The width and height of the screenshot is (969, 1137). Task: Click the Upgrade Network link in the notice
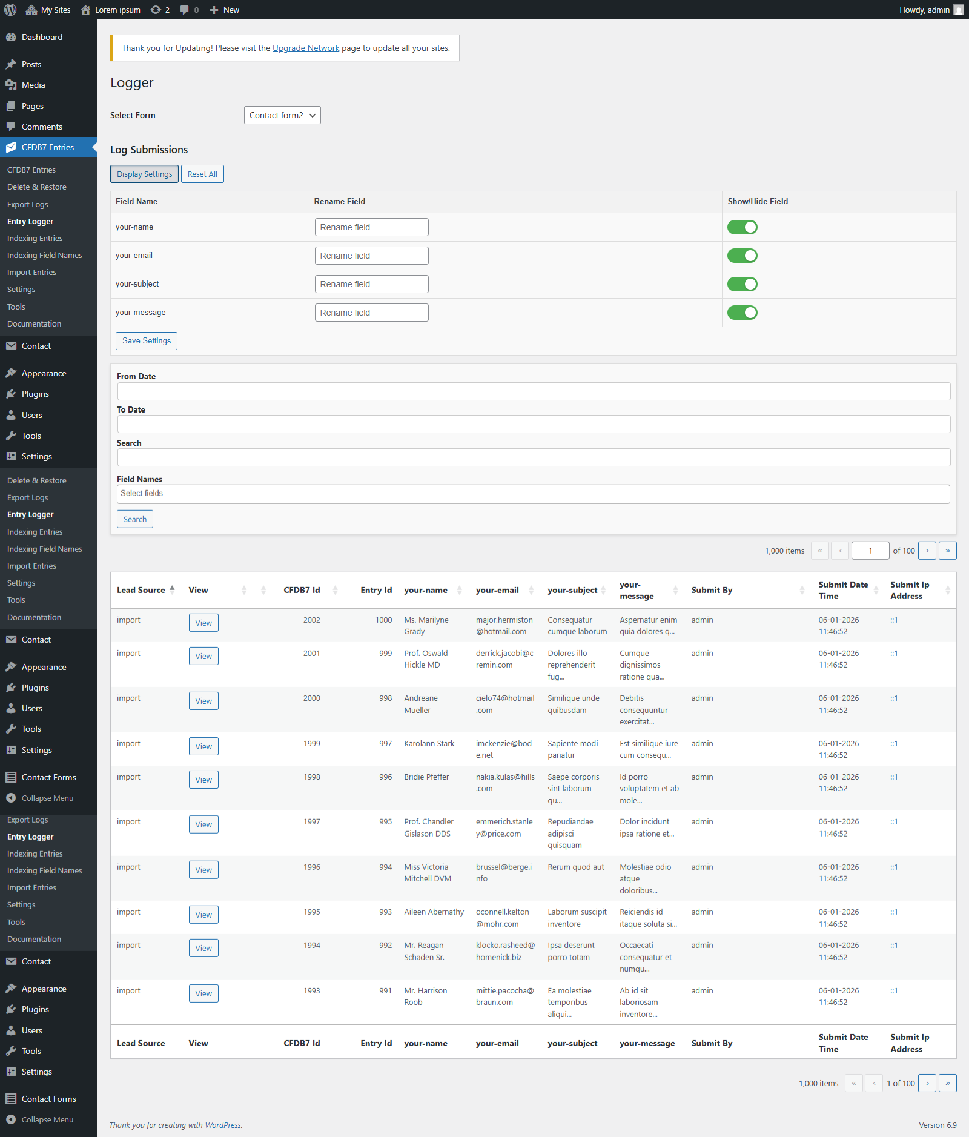(x=306, y=48)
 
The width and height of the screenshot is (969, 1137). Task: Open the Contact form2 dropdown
(x=282, y=115)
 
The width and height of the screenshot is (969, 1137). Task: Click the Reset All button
(x=202, y=174)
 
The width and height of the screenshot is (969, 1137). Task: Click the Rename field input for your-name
(x=371, y=227)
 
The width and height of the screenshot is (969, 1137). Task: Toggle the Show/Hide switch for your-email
(x=742, y=256)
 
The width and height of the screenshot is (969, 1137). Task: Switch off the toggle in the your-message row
(x=742, y=313)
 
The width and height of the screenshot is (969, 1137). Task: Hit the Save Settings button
(x=147, y=341)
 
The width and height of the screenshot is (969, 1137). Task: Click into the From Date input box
(x=534, y=391)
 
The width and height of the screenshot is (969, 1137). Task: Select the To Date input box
(x=534, y=424)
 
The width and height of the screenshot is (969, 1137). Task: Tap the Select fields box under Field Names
(x=534, y=494)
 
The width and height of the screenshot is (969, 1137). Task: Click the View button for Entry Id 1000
(x=203, y=623)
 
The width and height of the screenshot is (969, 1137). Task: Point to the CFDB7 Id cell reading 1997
(x=312, y=822)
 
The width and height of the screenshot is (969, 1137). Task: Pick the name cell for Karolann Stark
(x=429, y=744)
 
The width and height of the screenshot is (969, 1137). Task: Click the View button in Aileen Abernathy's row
(x=203, y=915)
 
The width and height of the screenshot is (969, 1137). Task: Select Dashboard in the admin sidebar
(x=42, y=37)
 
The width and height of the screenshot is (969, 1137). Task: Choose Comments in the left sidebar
(x=42, y=127)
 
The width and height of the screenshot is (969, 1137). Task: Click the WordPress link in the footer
(x=223, y=1125)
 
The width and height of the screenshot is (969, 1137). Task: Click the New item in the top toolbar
(x=225, y=10)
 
